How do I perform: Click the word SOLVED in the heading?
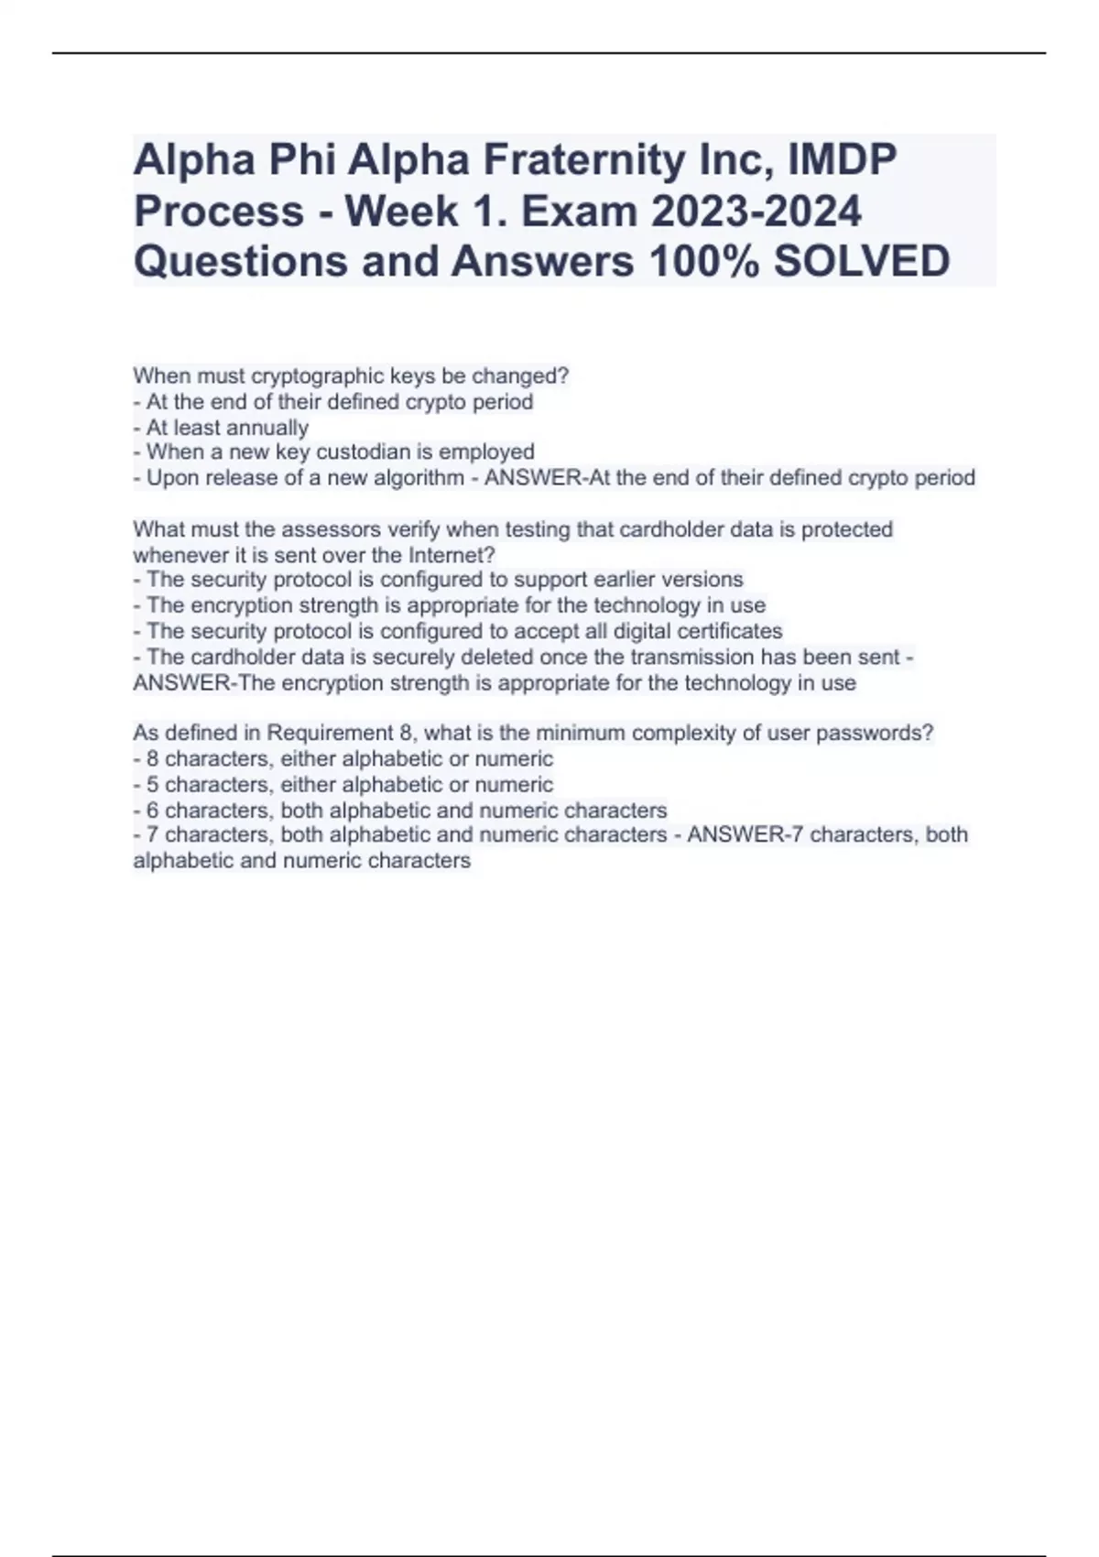pyautogui.click(x=861, y=262)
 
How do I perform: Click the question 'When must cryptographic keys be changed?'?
pyautogui.click(x=351, y=376)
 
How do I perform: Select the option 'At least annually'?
pyautogui.click(x=227, y=428)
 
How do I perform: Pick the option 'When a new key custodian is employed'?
pyautogui.click(x=340, y=452)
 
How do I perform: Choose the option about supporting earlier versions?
pyautogui.click(x=444, y=580)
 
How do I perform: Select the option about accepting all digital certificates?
pyautogui.click(x=464, y=631)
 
